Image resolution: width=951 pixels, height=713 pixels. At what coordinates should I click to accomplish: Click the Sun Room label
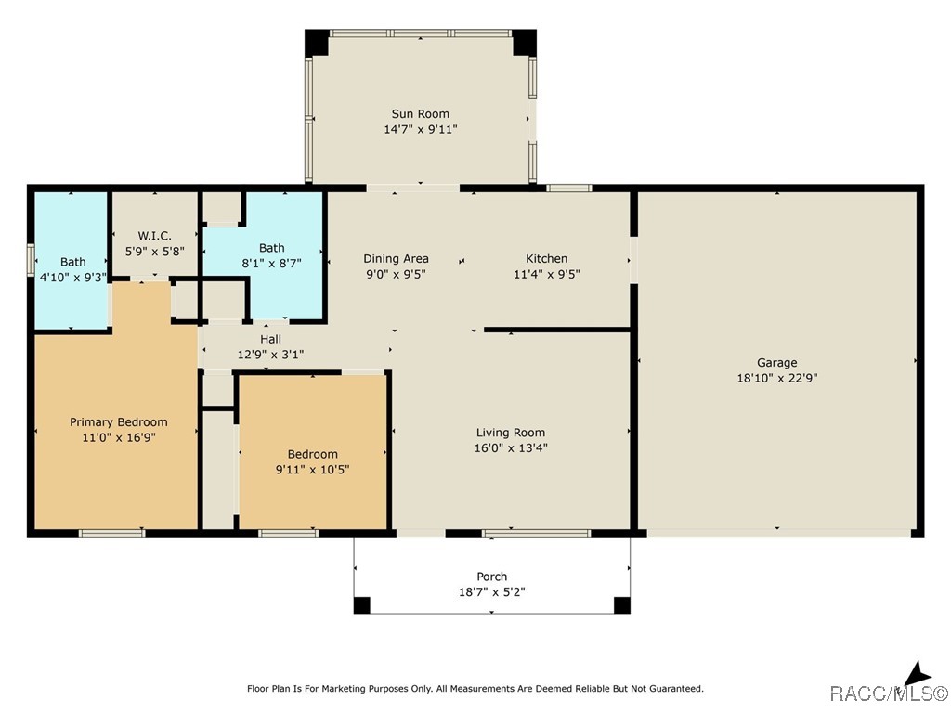pos(420,114)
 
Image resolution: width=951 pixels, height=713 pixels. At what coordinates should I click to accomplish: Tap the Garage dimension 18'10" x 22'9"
pos(776,378)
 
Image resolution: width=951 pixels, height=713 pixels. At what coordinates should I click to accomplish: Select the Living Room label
pos(510,433)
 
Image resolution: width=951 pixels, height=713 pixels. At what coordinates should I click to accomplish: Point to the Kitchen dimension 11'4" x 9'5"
pos(546,274)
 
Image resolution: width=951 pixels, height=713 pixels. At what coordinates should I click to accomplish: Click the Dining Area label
pos(396,259)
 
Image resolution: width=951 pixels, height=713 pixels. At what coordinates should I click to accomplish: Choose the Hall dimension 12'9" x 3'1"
pos(270,354)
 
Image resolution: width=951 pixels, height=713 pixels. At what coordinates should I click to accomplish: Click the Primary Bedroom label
pos(119,422)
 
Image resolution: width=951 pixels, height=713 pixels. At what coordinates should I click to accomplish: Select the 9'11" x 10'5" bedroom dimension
pos(312,469)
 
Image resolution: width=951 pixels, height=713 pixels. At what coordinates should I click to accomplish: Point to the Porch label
pos(492,577)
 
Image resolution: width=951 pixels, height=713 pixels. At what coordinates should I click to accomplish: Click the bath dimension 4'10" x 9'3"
pos(72,277)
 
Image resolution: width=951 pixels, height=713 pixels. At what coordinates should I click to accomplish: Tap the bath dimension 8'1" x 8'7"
pos(271,263)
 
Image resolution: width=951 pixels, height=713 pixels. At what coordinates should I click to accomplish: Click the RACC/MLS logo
pos(889,687)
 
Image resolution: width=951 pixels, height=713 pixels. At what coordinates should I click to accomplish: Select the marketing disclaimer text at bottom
pos(475,689)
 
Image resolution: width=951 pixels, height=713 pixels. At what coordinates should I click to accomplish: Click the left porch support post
pos(361,605)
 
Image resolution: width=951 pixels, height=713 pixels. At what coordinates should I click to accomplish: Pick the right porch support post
pos(622,605)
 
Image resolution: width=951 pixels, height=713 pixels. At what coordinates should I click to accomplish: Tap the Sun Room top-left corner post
pos(317,42)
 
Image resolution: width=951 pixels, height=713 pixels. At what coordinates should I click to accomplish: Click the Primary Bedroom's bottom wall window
pos(111,533)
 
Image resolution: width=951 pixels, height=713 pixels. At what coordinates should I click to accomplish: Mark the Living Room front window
pos(536,533)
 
